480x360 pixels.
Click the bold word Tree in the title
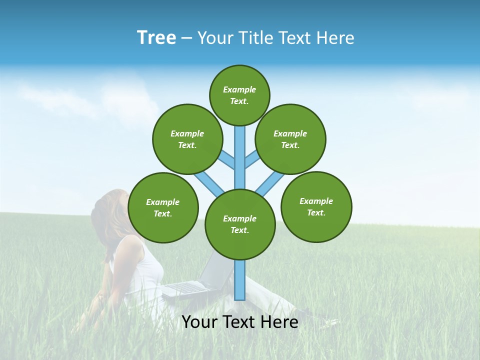click(156, 38)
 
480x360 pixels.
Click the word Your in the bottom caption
click(200, 322)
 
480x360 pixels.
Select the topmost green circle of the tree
click(239, 95)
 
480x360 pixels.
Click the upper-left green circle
click(187, 139)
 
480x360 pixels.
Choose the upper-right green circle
click(290, 139)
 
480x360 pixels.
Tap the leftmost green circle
click(163, 207)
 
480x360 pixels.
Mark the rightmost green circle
click(316, 206)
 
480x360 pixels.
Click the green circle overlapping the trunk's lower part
click(240, 224)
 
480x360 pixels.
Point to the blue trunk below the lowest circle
click(240, 280)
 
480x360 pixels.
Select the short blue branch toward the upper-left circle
click(226, 160)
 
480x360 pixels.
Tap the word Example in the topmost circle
click(239, 89)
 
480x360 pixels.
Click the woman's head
click(107, 210)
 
